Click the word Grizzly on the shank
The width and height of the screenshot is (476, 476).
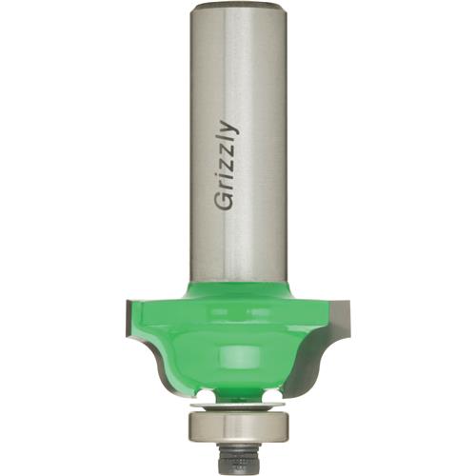[227, 166]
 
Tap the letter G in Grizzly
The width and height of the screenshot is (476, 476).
[223, 202]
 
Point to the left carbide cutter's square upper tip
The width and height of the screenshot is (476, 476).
[129, 302]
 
